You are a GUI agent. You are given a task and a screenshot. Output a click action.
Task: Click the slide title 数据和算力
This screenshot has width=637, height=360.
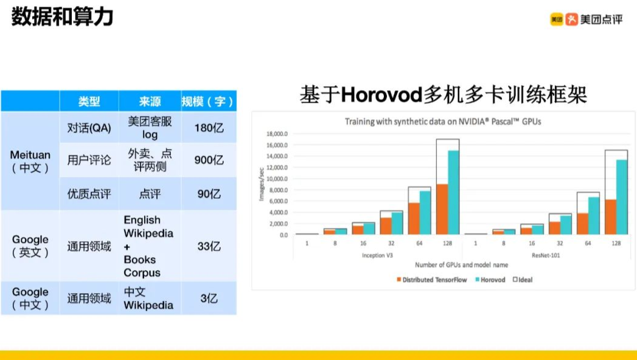62,18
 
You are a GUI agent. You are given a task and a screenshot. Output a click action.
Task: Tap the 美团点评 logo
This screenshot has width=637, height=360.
587,19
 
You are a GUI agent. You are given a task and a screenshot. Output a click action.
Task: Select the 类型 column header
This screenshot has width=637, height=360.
89,101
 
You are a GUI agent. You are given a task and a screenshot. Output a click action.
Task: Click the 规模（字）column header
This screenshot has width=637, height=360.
208,101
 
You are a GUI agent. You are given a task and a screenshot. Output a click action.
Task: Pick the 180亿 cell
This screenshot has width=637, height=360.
209,128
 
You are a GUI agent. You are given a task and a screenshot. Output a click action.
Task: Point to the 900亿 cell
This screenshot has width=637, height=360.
209,160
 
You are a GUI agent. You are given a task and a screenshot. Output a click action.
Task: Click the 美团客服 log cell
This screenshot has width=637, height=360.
150,128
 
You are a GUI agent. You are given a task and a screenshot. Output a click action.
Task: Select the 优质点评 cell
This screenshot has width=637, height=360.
89,194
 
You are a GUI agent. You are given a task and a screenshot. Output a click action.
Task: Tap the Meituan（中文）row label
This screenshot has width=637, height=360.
30,161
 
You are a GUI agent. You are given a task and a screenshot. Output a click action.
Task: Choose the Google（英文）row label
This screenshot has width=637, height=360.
30,246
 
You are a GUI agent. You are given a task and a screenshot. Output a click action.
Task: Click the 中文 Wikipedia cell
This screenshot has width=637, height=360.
148,299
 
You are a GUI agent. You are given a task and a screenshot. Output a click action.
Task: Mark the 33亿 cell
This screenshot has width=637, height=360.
209,246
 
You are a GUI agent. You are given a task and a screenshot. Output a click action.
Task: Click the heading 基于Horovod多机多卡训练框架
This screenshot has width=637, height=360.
443,95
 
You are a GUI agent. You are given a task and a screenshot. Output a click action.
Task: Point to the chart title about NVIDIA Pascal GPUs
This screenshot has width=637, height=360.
443,122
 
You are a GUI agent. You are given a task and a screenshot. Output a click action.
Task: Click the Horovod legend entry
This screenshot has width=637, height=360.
490,280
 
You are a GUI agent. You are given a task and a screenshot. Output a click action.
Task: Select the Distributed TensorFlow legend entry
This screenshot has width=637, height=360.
432,280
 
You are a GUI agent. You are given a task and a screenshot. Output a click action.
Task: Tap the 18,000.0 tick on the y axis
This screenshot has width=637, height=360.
277,134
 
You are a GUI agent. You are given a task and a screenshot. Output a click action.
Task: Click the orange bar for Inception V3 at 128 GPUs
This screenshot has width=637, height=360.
442,209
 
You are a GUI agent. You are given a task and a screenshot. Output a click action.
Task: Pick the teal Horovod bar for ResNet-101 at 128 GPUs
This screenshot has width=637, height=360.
622,197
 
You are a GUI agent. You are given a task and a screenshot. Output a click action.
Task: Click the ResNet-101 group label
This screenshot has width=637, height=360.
546,255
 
